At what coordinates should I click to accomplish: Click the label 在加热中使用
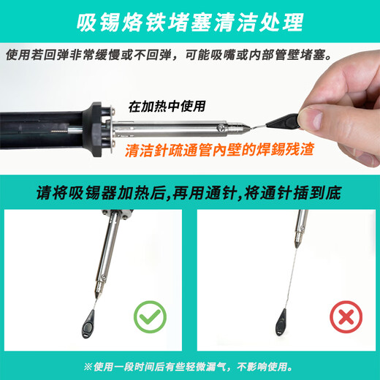[167, 105]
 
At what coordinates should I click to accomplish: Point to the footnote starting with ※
[190, 366]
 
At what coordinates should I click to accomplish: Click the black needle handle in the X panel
[281, 319]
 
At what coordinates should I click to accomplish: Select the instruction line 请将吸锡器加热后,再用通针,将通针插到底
[189, 194]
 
